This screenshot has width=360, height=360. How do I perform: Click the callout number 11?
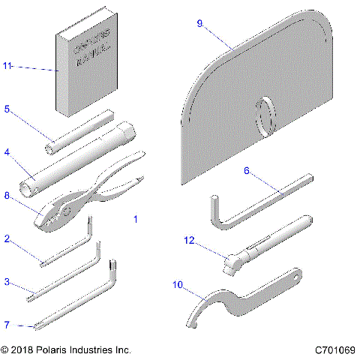pos(8,67)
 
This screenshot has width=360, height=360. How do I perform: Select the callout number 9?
pos(200,23)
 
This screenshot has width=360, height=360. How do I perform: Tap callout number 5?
pos(7,109)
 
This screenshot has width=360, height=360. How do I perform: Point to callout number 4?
pos(7,152)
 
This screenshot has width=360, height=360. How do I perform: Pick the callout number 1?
pos(135,220)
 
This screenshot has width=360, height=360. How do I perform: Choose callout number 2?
pos(7,239)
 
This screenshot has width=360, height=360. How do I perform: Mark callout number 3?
pos(7,282)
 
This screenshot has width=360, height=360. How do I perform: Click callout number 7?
pos(7,325)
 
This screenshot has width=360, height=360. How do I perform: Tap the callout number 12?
pos(190,240)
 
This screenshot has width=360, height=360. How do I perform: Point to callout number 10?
pos(178,283)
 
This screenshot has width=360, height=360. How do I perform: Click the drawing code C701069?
pos(334,350)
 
